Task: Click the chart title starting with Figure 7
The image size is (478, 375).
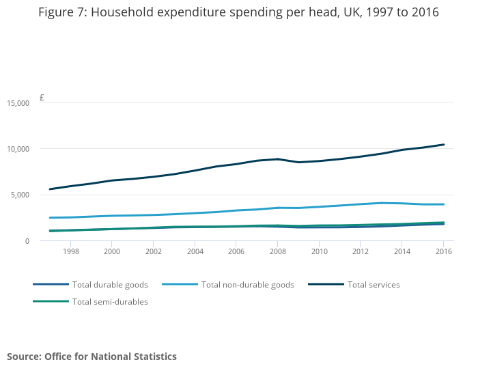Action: pos(238,12)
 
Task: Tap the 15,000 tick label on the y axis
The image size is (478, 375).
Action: pos(18,103)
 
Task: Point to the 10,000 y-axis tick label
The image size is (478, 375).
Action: pos(18,149)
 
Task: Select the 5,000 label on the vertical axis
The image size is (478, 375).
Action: pos(20,195)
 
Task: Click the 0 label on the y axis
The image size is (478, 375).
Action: pos(27,241)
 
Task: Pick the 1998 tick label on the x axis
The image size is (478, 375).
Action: pos(71,251)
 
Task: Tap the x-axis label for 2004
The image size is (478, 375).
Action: pos(195,251)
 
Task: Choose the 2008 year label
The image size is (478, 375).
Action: pos(278,251)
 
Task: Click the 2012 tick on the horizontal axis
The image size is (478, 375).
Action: pos(361,251)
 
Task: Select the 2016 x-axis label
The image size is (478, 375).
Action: pos(444,251)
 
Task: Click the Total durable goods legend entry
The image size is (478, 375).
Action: pos(91,285)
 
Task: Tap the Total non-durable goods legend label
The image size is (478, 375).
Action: pos(228,285)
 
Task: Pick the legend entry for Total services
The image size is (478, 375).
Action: pos(354,285)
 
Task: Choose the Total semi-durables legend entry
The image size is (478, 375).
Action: pos(91,302)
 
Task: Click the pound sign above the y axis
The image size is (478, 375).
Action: pos(42,98)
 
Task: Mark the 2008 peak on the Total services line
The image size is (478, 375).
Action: pos(278,159)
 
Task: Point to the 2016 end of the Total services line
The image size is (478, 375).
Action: pos(444,145)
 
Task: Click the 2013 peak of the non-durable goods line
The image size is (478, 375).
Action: pos(381,203)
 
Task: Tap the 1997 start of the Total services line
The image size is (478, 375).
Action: pos(50,189)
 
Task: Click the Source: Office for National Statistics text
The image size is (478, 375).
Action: pos(92,357)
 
